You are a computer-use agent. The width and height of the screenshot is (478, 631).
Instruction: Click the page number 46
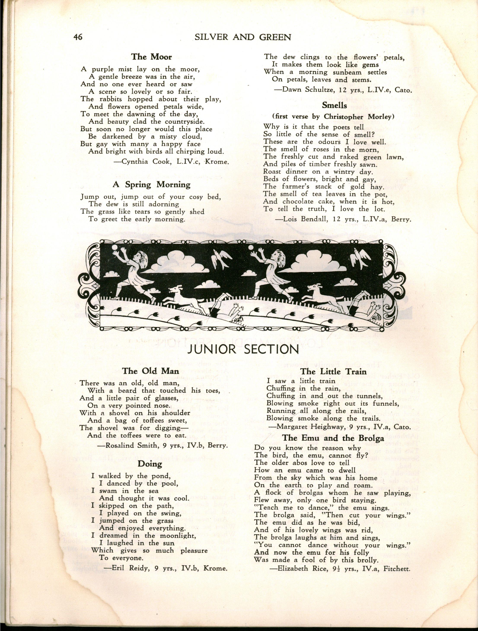(78, 37)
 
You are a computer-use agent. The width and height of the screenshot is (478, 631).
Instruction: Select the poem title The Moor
(151, 57)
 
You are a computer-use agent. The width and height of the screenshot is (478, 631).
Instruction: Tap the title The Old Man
(151, 371)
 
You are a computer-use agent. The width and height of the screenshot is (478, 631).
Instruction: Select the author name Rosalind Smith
(126, 446)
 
